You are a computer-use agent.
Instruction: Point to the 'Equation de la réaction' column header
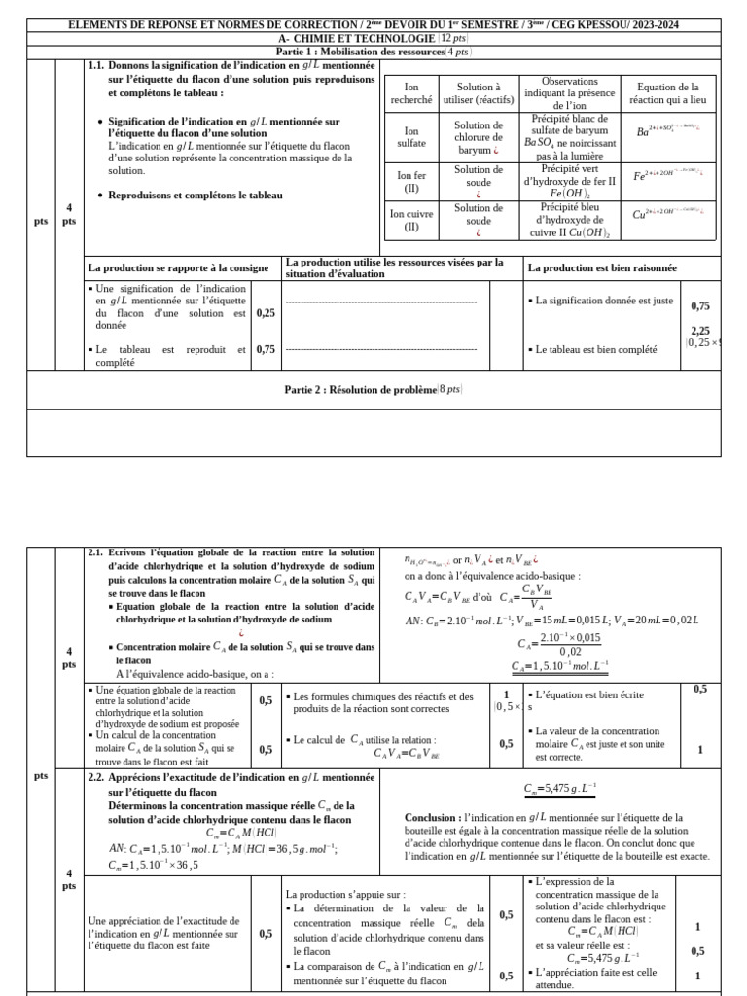tap(667, 93)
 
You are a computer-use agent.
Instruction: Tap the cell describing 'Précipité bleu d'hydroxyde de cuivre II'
tap(570, 220)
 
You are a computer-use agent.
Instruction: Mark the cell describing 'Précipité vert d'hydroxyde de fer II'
tap(570, 181)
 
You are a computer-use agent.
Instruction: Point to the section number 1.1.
tap(95, 65)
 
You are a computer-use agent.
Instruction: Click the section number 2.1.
tap(95, 552)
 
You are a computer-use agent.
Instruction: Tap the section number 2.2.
tap(95, 778)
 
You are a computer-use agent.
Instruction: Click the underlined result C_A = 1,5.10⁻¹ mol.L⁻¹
tap(559, 666)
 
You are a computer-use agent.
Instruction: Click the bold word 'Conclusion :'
tap(432, 819)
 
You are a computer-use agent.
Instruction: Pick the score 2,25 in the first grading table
tap(699, 331)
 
